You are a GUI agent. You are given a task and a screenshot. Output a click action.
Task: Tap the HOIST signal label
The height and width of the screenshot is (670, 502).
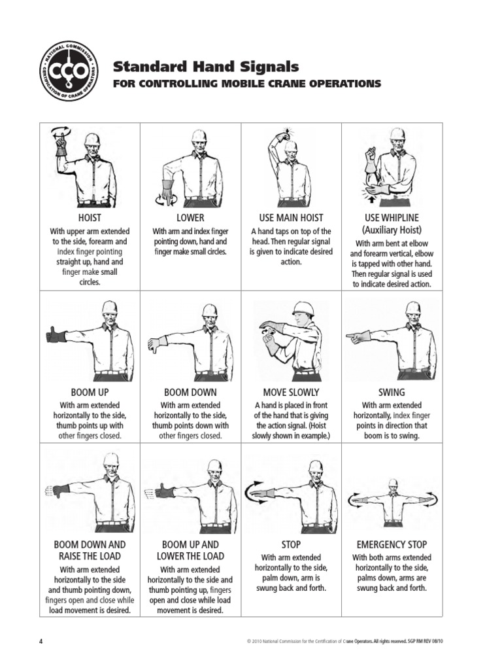click(90, 217)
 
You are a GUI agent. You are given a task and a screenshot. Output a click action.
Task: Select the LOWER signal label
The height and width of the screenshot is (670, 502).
click(190, 217)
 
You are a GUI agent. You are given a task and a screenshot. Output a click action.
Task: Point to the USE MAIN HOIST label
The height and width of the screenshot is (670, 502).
click(292, 217)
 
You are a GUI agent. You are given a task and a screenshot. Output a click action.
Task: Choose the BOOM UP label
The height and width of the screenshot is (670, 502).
click(90, 393)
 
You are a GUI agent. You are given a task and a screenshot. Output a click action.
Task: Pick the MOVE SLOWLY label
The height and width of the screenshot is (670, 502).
click(292, 393)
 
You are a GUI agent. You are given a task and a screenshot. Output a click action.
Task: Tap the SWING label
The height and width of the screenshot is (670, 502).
click(392, 393)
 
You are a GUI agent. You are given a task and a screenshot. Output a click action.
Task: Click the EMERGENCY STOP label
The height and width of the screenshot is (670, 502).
click(392, 544)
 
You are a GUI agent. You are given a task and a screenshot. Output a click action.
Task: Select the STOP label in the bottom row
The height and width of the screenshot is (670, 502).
click(292, 544)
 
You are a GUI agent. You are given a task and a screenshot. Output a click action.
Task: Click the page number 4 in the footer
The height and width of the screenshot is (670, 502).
click(41, 642)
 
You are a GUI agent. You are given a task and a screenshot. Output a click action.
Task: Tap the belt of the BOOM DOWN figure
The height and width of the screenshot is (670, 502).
click(210, 375)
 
